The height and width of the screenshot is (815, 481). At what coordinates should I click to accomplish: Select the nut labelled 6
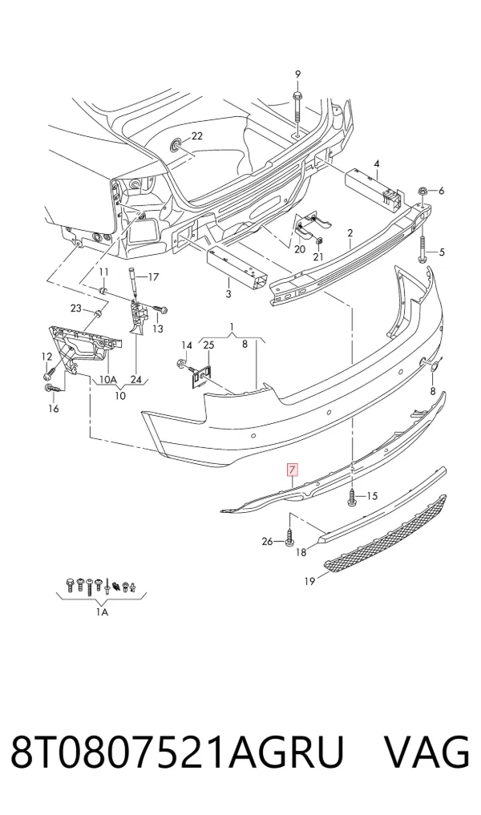pyautogui.click(x=422, y=191)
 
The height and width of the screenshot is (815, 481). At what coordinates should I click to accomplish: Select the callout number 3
pyautogui.click(x=228, y=294)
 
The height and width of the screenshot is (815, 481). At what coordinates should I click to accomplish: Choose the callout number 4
pyautogui.click(x=377, y=163)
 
